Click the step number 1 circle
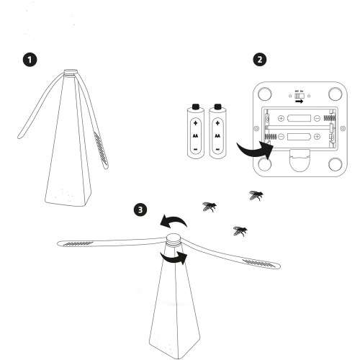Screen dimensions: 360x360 [30, 60]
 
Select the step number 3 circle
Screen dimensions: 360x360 [142, 210]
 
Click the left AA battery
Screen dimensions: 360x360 [194, 130]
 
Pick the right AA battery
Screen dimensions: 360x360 [217, 130]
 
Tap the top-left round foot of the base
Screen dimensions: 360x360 [265, 93]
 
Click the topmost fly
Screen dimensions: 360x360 [255, 195]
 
